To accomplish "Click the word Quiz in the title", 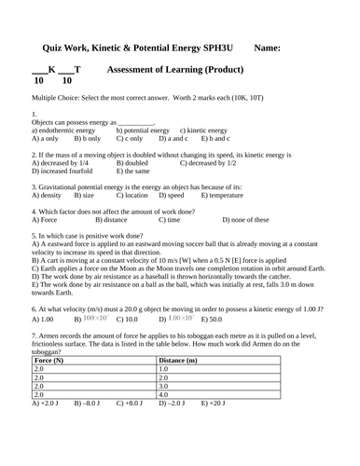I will click(x=54, y=48).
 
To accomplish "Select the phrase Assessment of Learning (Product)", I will click(x=175, y=70).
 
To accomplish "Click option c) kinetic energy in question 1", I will click(x=202, y=130).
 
